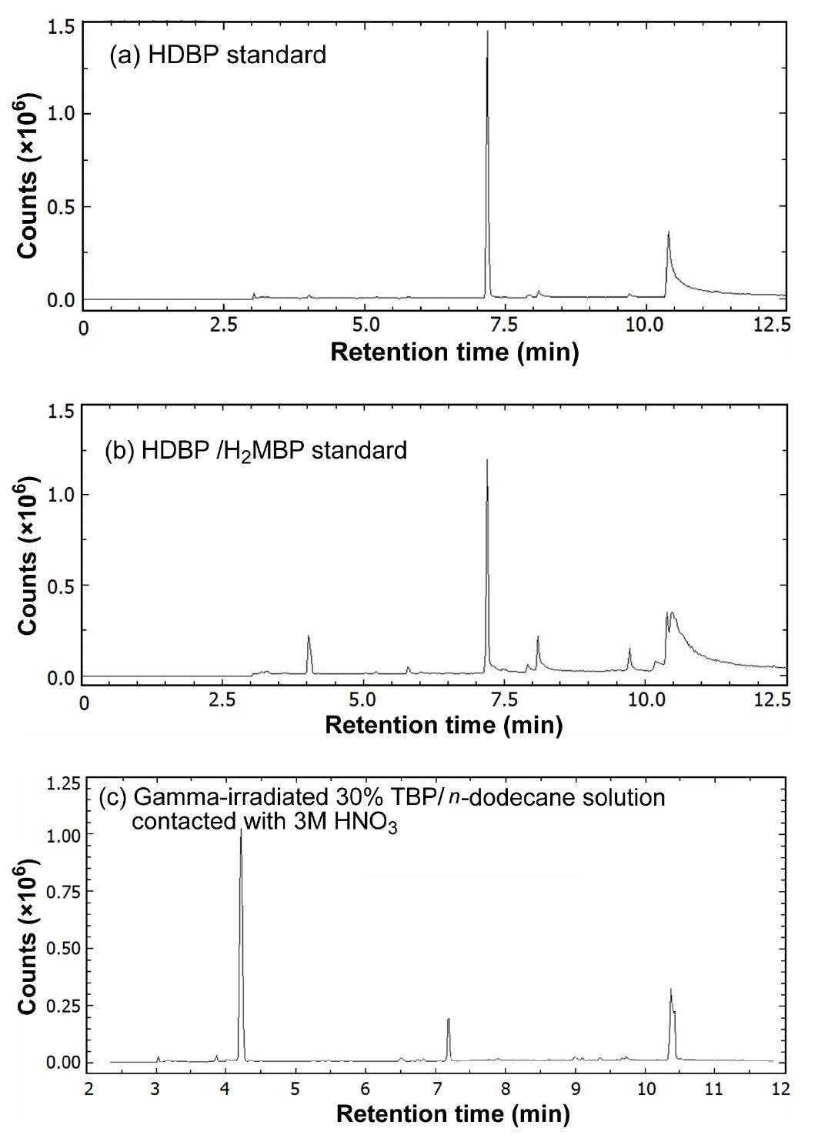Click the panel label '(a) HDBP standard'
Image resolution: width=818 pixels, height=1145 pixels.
click(x=218, y=55)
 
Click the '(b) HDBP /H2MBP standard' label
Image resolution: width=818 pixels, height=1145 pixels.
click(x=255, y=450)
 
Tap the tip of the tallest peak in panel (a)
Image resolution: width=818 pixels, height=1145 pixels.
click(x=488, y=32)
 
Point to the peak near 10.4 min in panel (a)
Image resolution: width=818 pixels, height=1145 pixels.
click(x=669, y=232)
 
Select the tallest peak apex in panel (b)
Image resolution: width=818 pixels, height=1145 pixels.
click(x=487, y=460)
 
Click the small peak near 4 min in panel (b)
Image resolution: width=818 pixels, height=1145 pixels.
click(x=309, y=636)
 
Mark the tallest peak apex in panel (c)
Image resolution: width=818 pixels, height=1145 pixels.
click(x=241, y=830)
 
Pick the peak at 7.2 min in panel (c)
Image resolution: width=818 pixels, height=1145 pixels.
click(x=448, y=1019)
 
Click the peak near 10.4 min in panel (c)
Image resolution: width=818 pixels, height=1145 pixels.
click(x=671, y=990)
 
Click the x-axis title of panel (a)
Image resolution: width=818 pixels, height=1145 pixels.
click(x=454, y=352)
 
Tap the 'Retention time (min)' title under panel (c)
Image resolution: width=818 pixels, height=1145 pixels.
click(x=453, y=1113)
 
